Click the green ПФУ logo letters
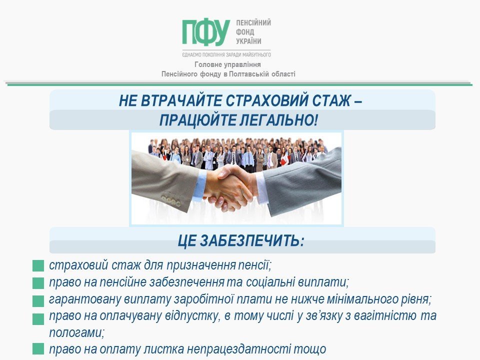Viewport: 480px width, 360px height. coord(206,33)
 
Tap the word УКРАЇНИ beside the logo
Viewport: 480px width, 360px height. coord(248,41)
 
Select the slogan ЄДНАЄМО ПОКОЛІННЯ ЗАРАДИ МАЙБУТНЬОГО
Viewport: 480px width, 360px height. coord(226,55)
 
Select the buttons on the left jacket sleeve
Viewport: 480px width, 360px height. coord(171,200)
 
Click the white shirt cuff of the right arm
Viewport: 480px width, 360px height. coord(262,188)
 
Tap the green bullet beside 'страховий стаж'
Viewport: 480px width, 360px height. coord(38,265)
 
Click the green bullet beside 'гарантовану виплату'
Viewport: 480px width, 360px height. coord(38,301)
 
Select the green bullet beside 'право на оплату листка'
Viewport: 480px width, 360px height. coord(38,349)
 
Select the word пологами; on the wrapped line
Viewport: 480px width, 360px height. coord(77,333)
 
